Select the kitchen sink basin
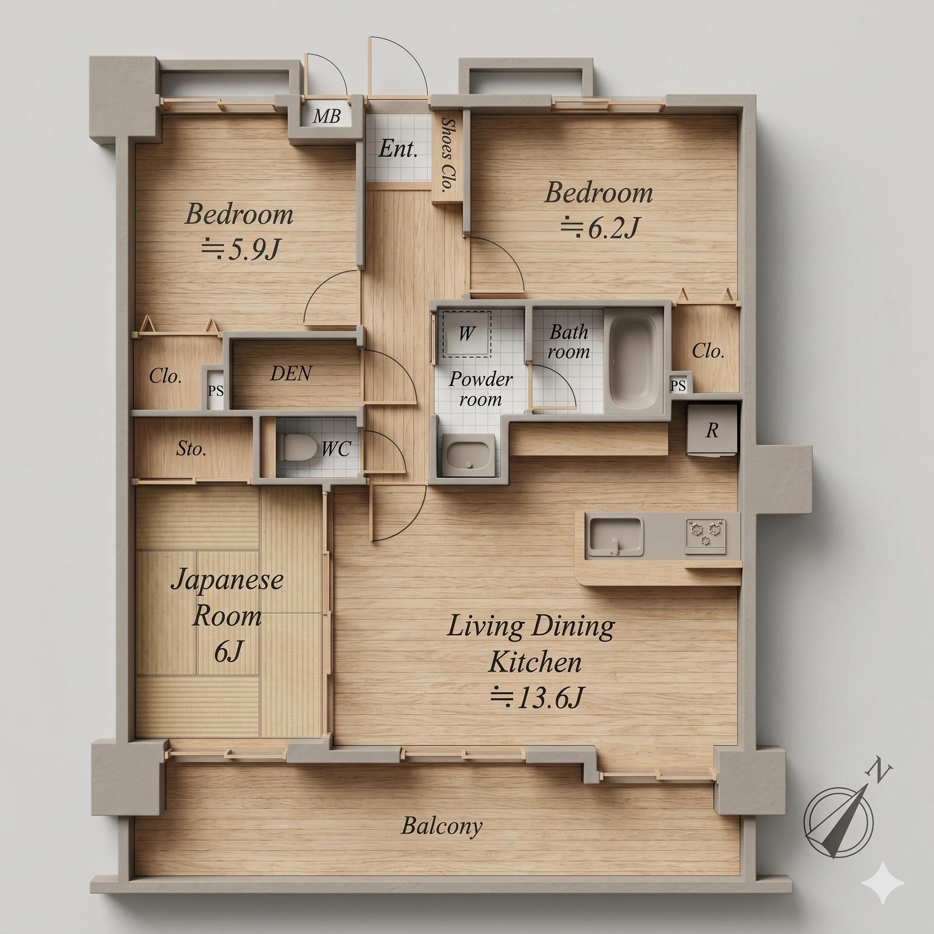616,536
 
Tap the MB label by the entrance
326,116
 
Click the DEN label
291,374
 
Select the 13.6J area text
537,697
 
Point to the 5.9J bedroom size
241,250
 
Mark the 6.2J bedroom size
599,228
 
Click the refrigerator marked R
711,430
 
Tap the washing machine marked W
466,333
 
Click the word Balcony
442,827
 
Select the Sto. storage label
191,449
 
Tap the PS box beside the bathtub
678,385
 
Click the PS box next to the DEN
215,390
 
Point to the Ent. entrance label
398,149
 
